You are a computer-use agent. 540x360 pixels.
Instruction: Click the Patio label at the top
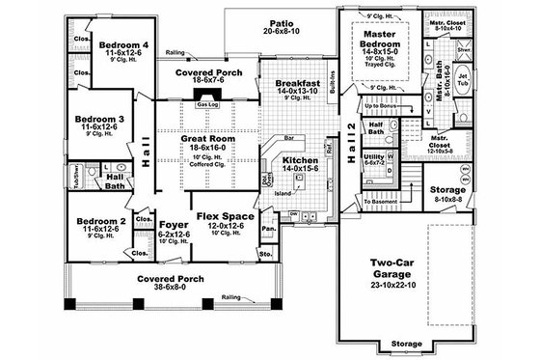tap(282, 20)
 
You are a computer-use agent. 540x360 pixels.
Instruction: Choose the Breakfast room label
tap(297, 84)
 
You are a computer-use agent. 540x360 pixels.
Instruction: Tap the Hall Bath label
tap(114, 180)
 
